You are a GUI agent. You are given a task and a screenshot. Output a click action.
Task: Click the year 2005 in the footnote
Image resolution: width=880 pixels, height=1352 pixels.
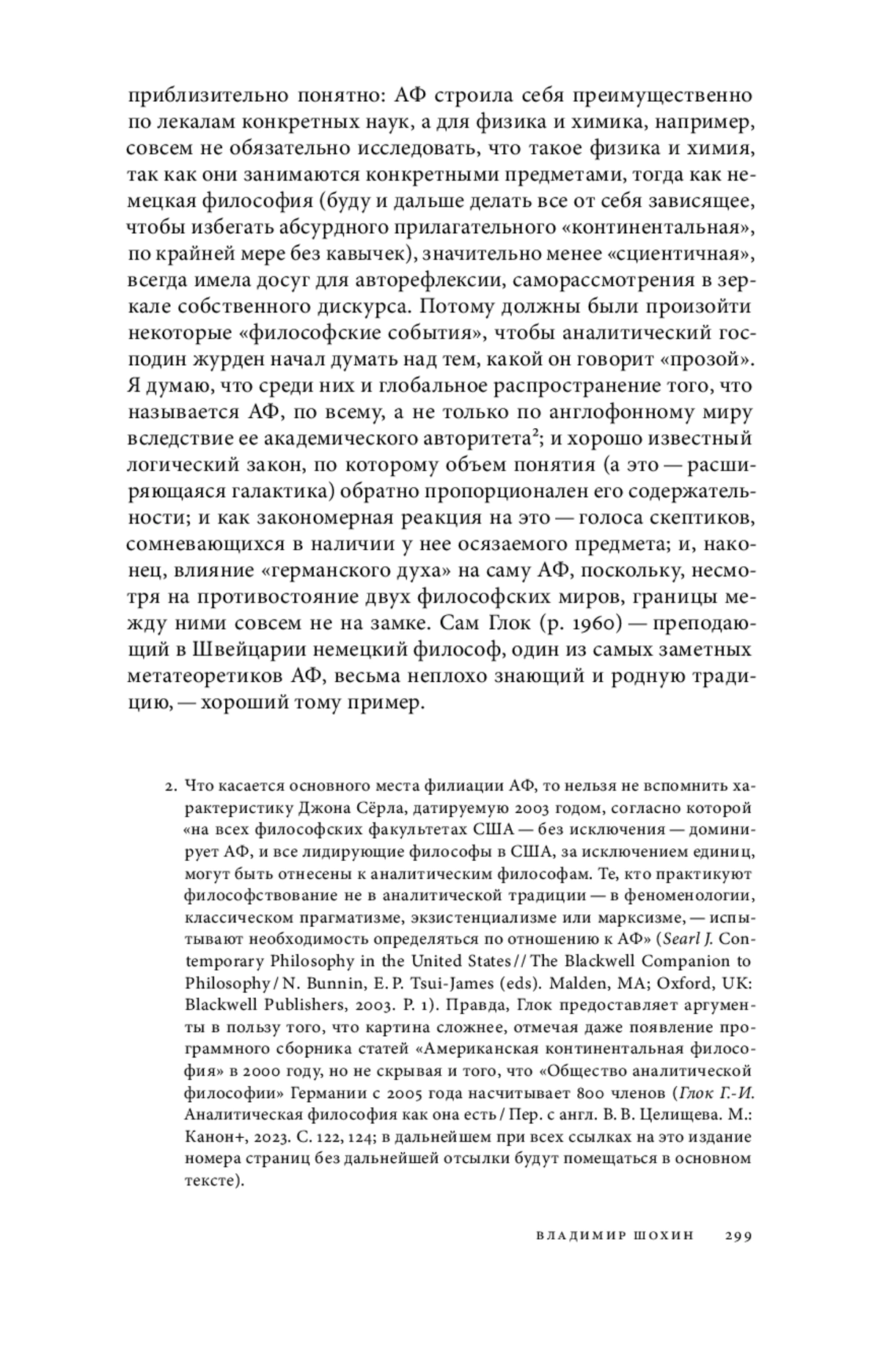pos(406,1092)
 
